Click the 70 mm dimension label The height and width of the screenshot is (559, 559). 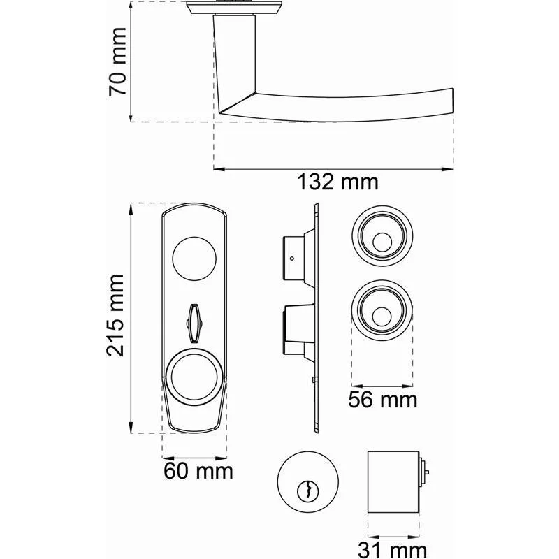[x=118, y=61]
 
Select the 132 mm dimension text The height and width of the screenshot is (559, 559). [x=337, y=182]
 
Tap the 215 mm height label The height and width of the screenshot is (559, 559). [x=115, y=316]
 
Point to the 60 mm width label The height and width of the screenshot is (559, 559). [x=198, y=471]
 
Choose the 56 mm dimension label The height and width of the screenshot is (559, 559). [x=382, y=400]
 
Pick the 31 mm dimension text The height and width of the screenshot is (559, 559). [x=392, y=550]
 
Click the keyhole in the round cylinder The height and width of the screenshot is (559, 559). [x=307, y=491]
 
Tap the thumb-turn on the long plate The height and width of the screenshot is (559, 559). [x=194, y=323]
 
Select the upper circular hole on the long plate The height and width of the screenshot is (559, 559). [x=194, y=259]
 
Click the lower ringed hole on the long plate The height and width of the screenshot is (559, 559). [x=194, y=377]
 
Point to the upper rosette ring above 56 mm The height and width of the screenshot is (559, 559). [x=382, y=236]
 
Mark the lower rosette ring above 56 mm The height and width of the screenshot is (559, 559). [x=382, y=310]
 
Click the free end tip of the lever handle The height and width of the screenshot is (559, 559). [x=453, y=101]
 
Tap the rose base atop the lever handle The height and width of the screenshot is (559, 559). [x=234, y=8]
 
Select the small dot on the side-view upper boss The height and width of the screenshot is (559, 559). [x=292, y=259]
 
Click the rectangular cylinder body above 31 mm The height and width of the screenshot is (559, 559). [x=393, y=482]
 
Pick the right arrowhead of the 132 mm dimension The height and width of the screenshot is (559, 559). [x=447, y=169]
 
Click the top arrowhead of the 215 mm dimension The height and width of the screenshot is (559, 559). [x=131, y=209]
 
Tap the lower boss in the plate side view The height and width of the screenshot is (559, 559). [x=299, y=330]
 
